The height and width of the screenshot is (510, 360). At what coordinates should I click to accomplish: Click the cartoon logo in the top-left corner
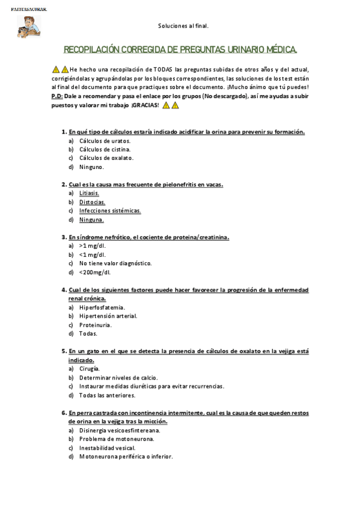(x=28, y=25)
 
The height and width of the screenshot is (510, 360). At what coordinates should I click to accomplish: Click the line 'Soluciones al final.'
(x=183, y=26)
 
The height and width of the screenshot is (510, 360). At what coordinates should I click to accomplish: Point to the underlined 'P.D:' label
(x=57, y=96)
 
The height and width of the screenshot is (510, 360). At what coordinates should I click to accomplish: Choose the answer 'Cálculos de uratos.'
(x=105, y=140)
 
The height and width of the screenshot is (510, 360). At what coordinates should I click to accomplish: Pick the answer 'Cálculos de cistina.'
(x=105, y=149)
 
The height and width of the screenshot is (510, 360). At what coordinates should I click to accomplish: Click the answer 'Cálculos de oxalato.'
(x=106, y=158)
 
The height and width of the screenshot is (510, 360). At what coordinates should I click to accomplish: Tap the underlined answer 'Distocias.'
(x=92, y=202)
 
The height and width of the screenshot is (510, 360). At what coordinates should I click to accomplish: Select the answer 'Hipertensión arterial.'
(x=108, y=316)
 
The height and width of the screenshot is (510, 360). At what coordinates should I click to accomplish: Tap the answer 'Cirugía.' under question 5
(x=90, y=369)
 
